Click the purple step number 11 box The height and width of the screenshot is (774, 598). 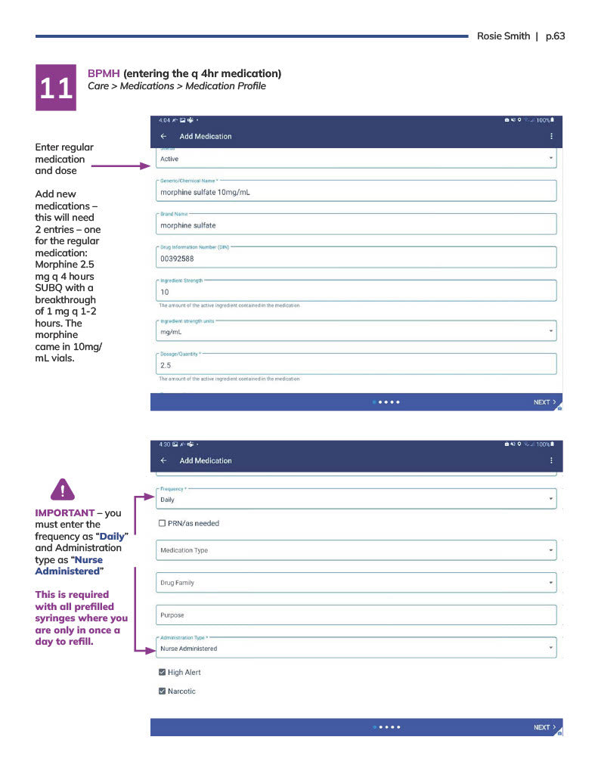56,88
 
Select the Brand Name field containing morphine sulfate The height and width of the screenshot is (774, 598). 355,225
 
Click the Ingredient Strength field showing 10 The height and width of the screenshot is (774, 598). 355,292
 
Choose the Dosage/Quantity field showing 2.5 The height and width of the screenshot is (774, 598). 355,365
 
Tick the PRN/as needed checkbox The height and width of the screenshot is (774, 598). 163,523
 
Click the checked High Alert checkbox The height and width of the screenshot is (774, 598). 163,672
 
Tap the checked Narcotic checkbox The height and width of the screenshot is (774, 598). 163,691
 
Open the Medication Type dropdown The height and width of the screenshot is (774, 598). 355,550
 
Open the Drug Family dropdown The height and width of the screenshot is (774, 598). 355,583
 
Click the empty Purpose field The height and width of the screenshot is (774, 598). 355,615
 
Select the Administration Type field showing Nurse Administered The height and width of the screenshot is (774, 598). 355,649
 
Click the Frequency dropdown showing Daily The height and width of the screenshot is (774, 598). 355,500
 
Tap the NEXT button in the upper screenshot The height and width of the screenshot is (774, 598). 544,402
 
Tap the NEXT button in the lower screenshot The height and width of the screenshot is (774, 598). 544,727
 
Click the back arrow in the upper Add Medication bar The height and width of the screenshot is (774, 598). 164,137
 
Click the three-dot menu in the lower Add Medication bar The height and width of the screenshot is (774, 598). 551,460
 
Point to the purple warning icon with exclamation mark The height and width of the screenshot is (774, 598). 62,489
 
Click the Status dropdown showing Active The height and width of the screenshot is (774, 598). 355,159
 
